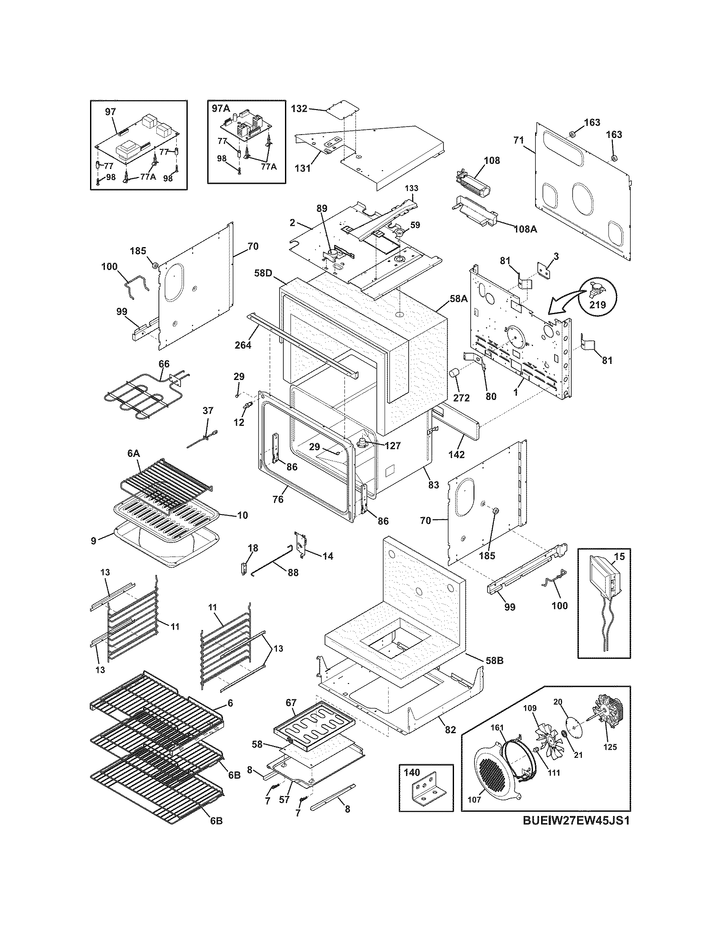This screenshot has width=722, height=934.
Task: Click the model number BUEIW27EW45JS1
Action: (576, 833)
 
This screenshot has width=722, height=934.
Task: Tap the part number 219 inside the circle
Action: (598, 305)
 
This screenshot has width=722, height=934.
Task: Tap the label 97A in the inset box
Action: (221, 109)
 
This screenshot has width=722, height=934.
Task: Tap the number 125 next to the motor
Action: (610, 747)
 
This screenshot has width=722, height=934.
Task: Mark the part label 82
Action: (450, 730)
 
